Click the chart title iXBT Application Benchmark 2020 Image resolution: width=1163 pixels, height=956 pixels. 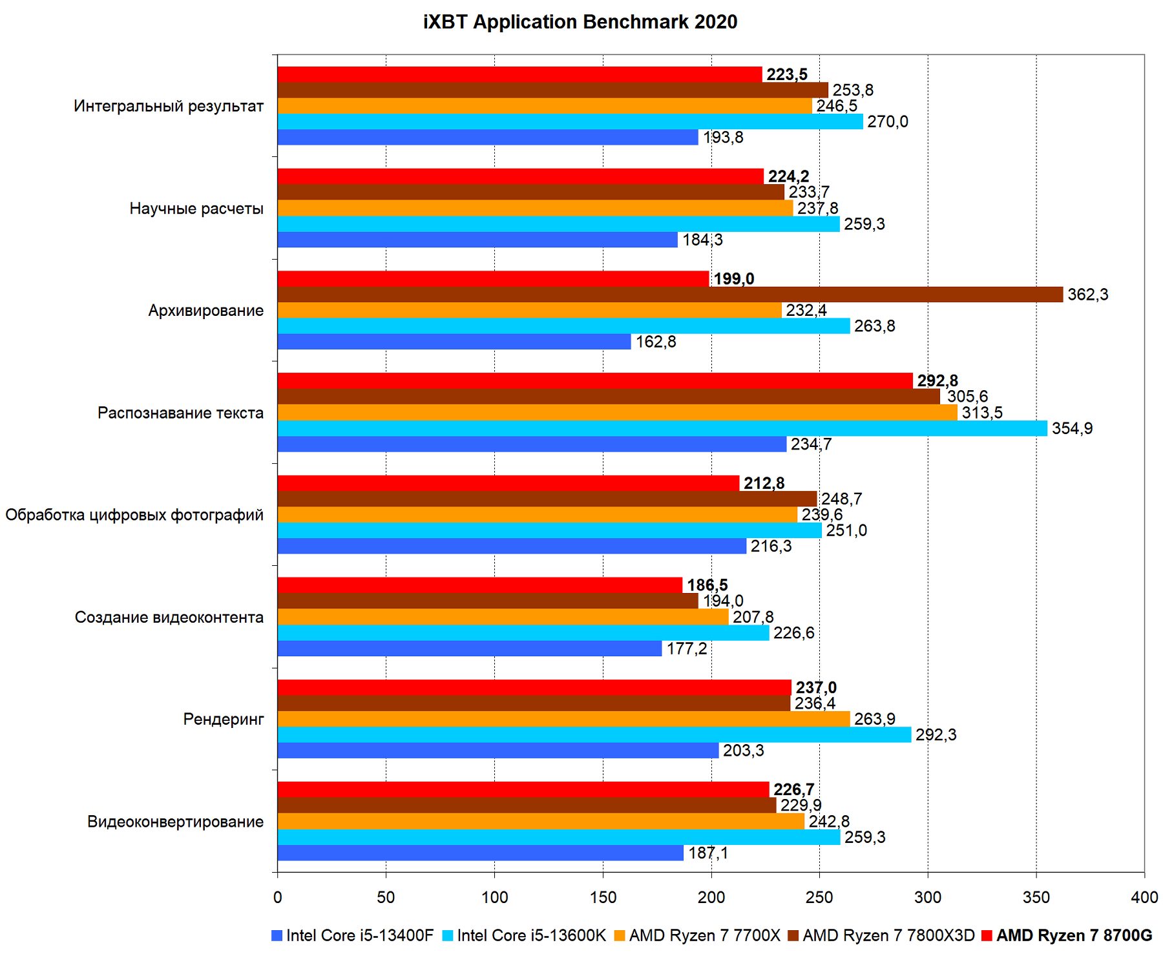click(580, 22)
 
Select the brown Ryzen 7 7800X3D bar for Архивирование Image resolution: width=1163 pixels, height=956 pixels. click(670, 295)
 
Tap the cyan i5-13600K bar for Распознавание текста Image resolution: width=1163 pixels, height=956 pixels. click(662, 428)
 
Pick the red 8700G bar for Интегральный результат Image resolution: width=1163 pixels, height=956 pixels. click(519, 74)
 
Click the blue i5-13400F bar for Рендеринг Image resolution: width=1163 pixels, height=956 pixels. click(498, 751)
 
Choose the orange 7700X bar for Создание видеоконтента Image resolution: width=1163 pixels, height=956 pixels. click(503, 617)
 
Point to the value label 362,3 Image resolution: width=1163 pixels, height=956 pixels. click(1087, 295)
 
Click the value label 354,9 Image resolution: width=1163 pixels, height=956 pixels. click(1072, 428)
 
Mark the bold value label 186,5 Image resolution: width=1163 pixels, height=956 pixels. click(707, 585)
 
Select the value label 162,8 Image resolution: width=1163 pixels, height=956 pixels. click(656, 342)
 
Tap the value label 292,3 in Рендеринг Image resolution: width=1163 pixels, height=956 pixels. click(936, 734)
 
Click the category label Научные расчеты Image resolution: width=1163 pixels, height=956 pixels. click(196, 209)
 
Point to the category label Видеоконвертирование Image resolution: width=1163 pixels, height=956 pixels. click(175, 822)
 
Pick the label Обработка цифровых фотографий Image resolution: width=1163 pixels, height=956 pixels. click(134, 515)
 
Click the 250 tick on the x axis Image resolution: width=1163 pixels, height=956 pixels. click(819, 897)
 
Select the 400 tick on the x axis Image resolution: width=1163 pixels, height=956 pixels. click(1144, 897)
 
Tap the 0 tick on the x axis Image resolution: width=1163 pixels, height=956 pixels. click(278, 897)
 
